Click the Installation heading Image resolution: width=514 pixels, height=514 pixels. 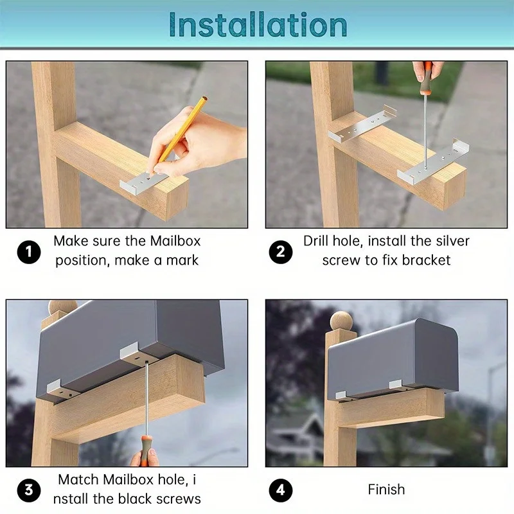coord(258,24)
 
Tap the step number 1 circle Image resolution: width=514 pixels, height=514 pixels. coord(28,251)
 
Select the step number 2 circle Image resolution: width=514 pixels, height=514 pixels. coord(280,251)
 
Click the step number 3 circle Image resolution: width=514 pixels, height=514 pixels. coord(28,490)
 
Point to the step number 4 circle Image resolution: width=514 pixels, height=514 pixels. coord(280,490)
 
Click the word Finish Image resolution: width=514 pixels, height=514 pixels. coord(386,490)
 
